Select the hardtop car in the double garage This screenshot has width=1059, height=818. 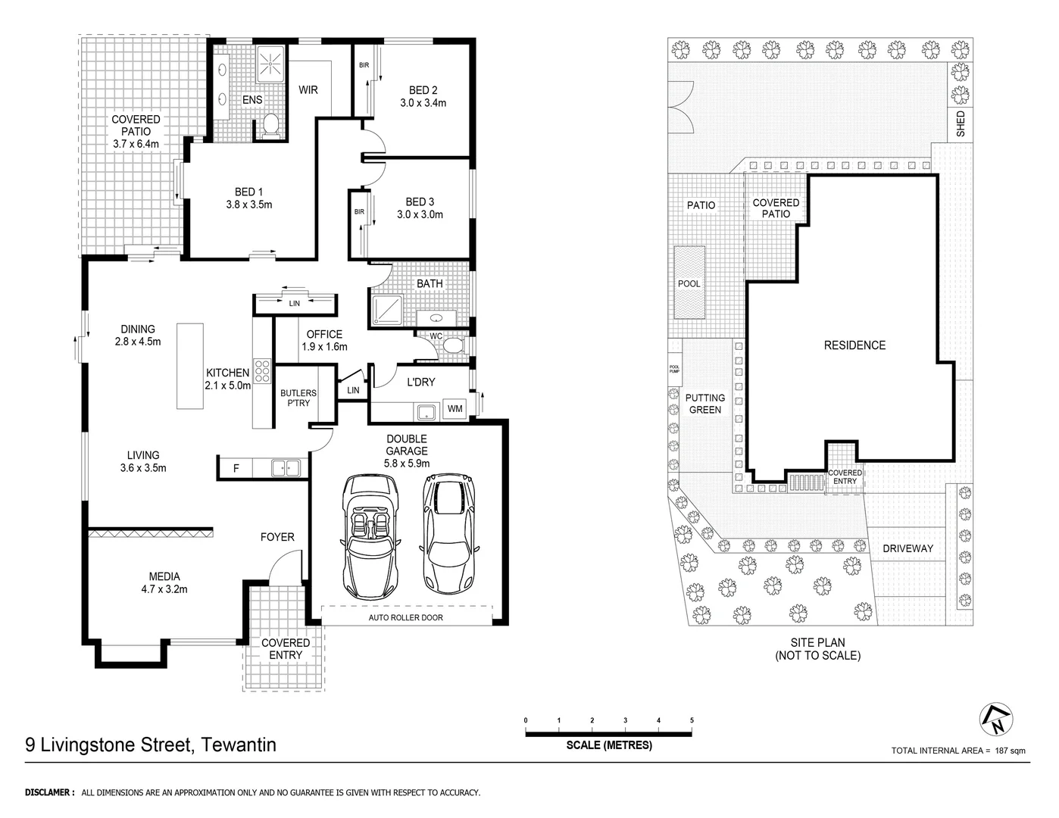click(x=450, y=534)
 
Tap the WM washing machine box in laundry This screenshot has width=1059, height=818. click(x=455, y=409)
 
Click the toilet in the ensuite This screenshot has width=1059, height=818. click(x=270, y=126)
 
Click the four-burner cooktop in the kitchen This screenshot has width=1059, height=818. click(x=262, y=372)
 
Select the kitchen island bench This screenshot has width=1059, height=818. click(x=190, y=366)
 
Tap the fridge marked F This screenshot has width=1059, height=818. click(x=236, y=469)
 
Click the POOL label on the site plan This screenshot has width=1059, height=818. click(x=689, y=283)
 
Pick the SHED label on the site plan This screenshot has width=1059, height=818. click(x=961, y=124)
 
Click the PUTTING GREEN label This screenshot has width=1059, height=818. click(x=704, y=404)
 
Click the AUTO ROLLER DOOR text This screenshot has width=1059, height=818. click(x=405, y=617)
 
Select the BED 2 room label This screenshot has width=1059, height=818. click(x=423, y=90)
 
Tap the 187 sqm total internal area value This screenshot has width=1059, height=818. click(x=1011, y=751)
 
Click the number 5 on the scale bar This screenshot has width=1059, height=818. click(x=692, y=720)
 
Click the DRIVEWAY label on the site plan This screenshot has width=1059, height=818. click(x=907, y=548)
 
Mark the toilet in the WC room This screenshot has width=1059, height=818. click(x=453, y=346)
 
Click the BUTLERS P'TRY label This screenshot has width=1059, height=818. click(x=298, y=398)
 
